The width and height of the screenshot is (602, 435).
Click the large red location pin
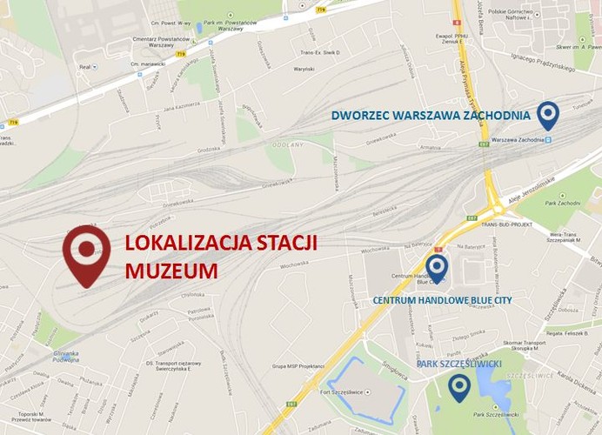click(86, 253)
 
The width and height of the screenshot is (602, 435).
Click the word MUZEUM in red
click(171, 271)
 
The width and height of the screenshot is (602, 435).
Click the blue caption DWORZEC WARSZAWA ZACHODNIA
click(431, 115)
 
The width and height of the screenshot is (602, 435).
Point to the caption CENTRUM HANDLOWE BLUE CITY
click(442, 300)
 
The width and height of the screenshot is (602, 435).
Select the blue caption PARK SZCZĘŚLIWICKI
click(458, 364)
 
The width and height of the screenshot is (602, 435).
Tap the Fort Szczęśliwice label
click(349, 392)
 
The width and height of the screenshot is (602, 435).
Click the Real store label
click(85, 65)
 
